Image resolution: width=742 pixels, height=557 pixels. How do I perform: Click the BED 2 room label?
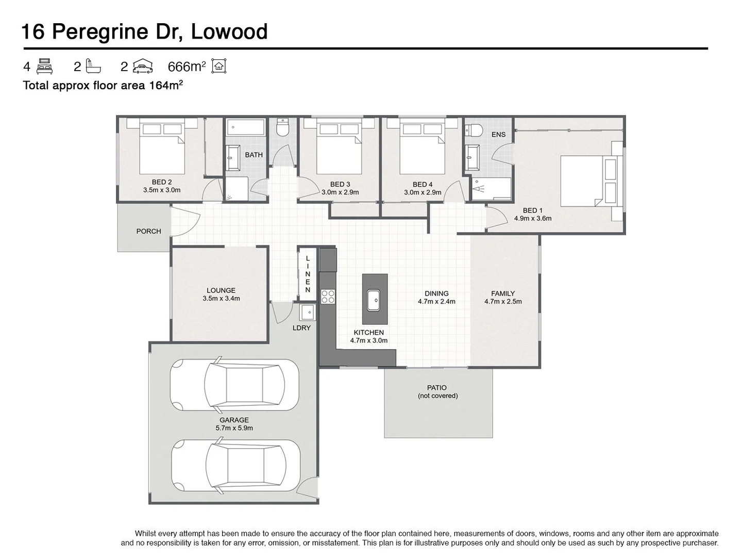tap(162, 182)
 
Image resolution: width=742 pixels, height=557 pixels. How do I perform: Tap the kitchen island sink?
tap(374, 299)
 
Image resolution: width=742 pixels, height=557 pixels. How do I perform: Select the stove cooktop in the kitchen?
tap(328, 296)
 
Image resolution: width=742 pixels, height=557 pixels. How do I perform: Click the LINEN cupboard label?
tap(308, 274)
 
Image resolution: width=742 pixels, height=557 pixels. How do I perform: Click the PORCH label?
tap(148, 231)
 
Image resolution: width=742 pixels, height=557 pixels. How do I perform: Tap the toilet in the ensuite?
tap(473, 130)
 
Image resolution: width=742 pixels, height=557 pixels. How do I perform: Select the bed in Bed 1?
tap(587, 181)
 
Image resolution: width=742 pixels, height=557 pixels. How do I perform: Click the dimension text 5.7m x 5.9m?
tap(234, 428)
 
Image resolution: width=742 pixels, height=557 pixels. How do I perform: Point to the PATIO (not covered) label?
tap(437, 391)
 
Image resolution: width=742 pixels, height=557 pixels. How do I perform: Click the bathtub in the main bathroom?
tap(245, 127)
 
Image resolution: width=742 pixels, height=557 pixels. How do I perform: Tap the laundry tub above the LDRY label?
tap(308, 312)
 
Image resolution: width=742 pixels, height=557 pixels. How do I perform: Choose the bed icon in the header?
tap(45, 66)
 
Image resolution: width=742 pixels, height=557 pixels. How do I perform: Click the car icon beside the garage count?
tap(143, 66)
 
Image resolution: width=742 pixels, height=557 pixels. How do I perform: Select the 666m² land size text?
tap(187, 67)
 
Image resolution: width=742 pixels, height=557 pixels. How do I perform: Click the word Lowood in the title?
tap(229, 31)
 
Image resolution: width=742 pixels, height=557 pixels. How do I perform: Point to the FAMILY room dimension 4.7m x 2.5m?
tap(503, 302)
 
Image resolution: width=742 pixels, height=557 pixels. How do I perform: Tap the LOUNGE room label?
tap(221, 290)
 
